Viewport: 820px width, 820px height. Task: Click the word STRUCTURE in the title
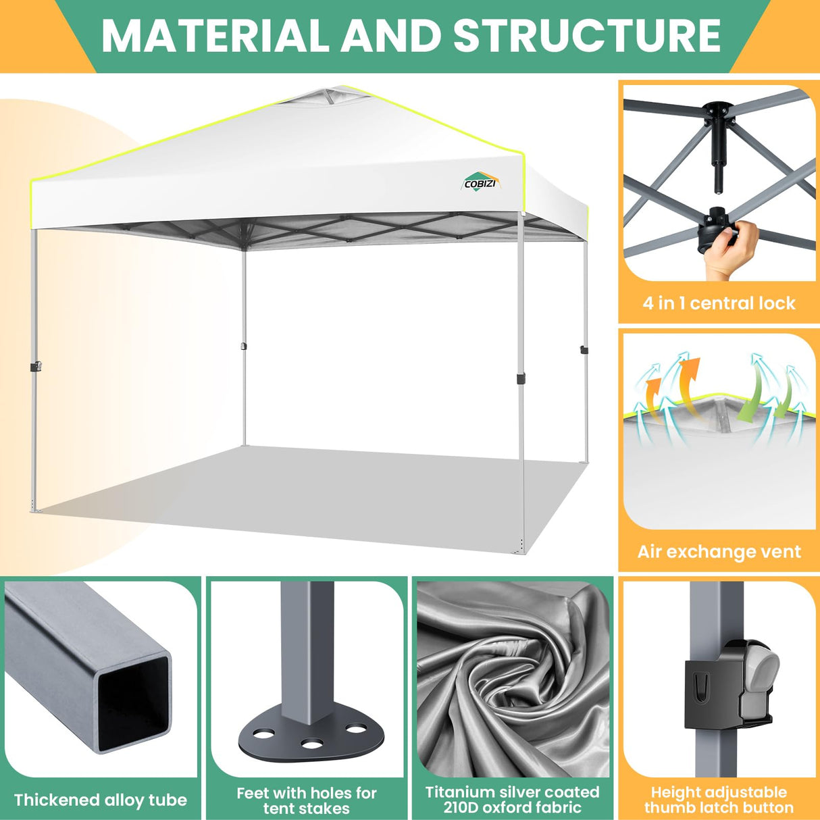(x=587, y=35)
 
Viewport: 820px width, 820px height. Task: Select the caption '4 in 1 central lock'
(x=719, y=303)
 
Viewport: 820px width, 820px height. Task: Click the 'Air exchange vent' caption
(x=719, y=552)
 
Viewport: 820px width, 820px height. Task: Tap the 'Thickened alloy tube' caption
(x=101, y=800)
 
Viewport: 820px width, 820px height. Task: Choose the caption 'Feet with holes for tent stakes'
(x=307, y=800)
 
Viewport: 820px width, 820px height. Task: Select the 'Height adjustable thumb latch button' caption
(x=719, y=800)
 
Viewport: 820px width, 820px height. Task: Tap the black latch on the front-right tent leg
(x=521, y=378)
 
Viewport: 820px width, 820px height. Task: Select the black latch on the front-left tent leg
(x=36, y=366)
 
